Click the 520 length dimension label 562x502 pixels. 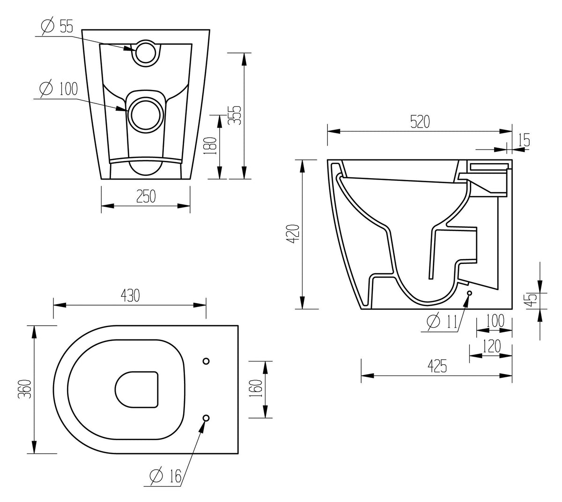420,121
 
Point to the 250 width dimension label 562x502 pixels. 145,196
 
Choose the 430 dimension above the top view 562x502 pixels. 130,295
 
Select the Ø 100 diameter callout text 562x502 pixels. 59,89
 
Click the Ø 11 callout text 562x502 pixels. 442,322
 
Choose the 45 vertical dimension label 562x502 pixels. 530,298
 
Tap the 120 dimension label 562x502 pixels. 490,346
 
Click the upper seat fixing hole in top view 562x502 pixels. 206,360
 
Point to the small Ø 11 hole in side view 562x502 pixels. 470,293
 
